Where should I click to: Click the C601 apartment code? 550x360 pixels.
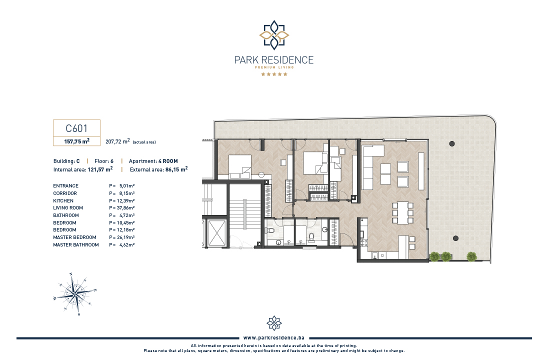pyautogui.click(x=76, y=128)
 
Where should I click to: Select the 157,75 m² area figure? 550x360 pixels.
pyautogui.click(x=77, y=141)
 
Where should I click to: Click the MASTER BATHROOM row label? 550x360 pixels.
pyautogui.click(x=76, y=245)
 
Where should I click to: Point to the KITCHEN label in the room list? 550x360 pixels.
pyautogui.click(x=63, y=200)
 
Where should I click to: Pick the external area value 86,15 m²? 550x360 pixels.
pyautogui.click(x=176, y=169)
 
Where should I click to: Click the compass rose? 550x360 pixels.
pyautogui.click(x=74, y=294)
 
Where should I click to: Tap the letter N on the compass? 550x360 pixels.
pyautogui.click(x=71, y=274)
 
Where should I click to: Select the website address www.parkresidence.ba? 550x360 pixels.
pyautogui.click(x=274, y=338)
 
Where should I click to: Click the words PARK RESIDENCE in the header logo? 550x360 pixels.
pyautogui.click(x=274, y=60)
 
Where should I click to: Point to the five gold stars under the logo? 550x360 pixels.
pyautogui.click(x=274, y=74)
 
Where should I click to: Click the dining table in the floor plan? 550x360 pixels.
pyautogui.click(x=402, y=212)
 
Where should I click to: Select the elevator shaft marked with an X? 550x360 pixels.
pyautogui.click(x=216, y=233)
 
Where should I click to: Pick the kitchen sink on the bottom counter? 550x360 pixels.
pyautogui.click(x=374, y=256)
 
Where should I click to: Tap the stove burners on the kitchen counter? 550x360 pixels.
pyautogui.click(x=363, y=242)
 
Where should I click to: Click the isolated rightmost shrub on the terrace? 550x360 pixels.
pyautogui.click(x=472, y=256)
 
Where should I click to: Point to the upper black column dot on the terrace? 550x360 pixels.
pyautogui.click(x=452, y=143)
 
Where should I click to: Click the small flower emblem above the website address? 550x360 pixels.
pyautogui.click(x=274, y=323)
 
